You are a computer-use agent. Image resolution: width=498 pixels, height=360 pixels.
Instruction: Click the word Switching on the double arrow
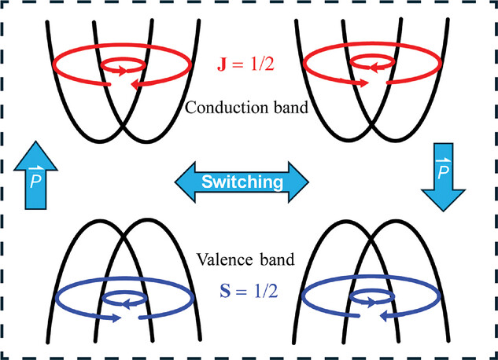coord(242,182)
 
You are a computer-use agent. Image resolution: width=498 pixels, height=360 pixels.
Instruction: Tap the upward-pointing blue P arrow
coord(35,175)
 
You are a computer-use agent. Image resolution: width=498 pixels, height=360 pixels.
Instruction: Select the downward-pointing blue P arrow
coord(443,177)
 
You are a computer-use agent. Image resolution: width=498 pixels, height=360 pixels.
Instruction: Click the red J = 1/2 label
coord(245,64)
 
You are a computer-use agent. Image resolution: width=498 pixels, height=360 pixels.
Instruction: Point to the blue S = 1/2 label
coord(249,291)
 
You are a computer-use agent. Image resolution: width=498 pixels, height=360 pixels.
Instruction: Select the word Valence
coord(225,259)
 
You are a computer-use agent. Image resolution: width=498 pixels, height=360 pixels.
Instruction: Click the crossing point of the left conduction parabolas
coord(123,127)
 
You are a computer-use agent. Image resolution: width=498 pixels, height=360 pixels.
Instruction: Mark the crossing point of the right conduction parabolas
coord(371,127)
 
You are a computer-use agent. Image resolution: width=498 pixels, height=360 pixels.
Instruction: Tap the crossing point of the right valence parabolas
coord(371,237)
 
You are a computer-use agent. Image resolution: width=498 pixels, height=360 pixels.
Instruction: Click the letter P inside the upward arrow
coord(35,181)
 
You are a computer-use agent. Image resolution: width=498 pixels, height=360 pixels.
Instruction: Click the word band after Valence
coord(277,259)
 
